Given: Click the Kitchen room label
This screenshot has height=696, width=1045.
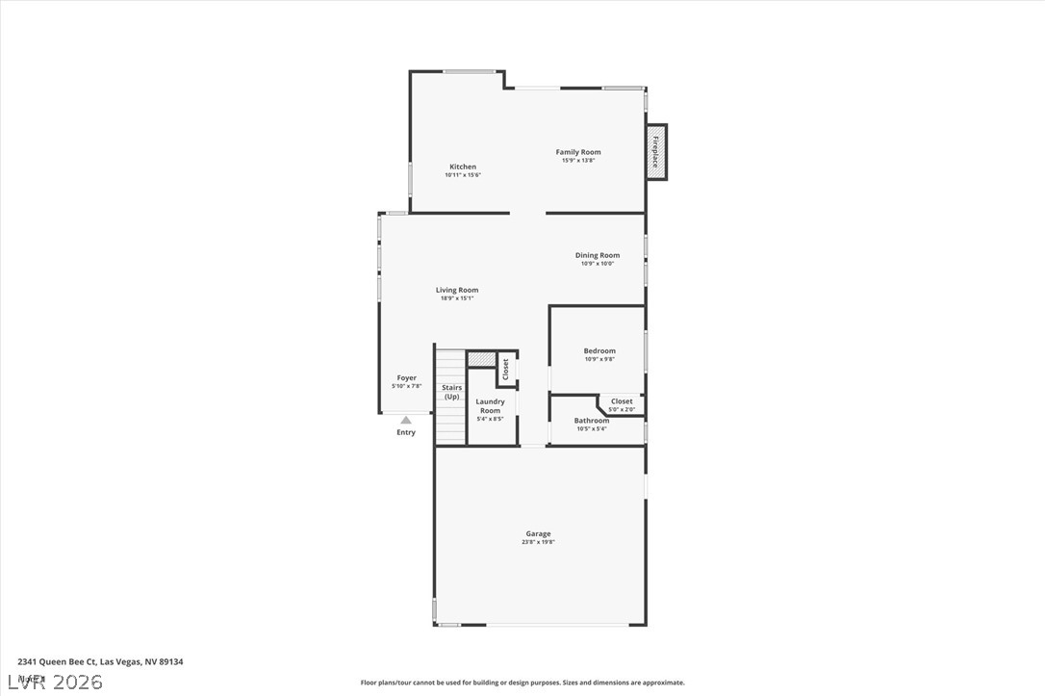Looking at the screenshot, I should pos(463,167).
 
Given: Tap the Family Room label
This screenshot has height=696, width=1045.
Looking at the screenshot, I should pos(578,152).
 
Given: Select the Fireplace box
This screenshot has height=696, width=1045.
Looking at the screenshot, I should pos(656,152).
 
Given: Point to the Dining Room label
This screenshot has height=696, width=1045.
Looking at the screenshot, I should pos(598,255).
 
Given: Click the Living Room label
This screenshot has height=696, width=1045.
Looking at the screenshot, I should pos(457,290).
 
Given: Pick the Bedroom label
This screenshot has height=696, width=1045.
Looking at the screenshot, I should pos(599,350).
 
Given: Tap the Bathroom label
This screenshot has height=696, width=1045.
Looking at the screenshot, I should pos(592,421).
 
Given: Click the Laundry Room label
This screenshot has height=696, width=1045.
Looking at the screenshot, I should pos(490,406).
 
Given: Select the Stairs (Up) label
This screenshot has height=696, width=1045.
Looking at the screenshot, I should pos(451,392).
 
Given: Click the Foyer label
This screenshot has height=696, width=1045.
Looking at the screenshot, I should pos(407,378).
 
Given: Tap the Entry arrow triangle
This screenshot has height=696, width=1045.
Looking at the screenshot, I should pos(406,420).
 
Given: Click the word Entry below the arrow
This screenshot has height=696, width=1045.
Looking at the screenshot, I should pos(406,432).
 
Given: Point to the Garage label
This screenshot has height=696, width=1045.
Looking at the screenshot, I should pos(538,533).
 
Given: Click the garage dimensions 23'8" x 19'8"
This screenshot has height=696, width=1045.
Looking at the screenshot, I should pos(538,542).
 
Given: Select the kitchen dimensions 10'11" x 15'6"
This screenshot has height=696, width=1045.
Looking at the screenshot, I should pos(463,175).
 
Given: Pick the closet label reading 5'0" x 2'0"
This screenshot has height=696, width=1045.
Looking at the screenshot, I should pos(622,409).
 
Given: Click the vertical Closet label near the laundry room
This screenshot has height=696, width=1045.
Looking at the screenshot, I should pos(505,369).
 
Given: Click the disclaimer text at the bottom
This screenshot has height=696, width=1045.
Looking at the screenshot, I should pos(522,683).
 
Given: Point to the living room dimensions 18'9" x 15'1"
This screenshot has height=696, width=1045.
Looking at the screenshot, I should pos(457,298).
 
